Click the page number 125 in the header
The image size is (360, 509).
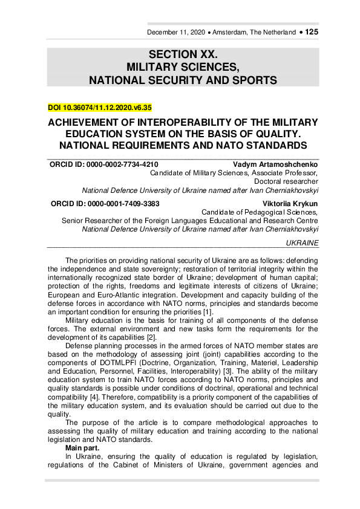click(x=312, y=31)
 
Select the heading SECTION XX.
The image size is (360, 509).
click(x=182, y=54)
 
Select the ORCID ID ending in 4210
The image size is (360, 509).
click(x=103, y=164)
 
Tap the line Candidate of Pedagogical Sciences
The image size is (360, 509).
click(x=260, y=213)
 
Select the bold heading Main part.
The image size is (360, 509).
click(x=83, y=447)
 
